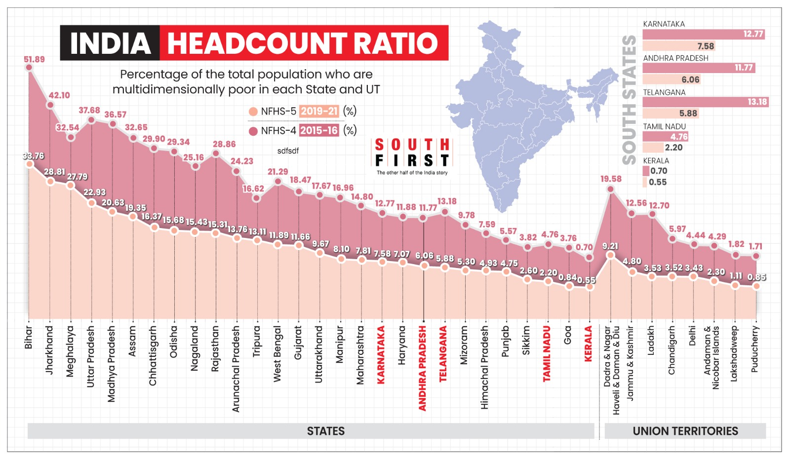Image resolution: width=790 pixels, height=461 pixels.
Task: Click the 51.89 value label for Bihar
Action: pyautogui.click(x=34, y=59)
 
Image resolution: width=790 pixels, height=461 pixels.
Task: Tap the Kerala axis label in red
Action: pyautogui.click(x=588, y=344)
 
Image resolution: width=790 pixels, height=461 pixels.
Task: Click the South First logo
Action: pyautogui.click(x=412, y=156)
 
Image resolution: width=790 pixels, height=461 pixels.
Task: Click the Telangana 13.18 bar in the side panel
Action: pyautogui.click(x=705, y=102)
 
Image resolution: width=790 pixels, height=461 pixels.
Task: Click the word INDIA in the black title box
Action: pyautogui.click(x=110, y=43)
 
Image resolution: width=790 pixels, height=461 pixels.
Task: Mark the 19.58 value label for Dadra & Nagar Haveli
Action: pyautogui.click(x=611, y=179)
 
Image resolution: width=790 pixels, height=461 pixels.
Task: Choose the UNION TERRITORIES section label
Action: pyautogui.click(x=685, y=431)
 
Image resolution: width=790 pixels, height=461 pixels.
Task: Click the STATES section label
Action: pyautogui.click(x=326, y=431)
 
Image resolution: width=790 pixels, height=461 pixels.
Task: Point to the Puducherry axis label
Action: pyautogui.click(x=754, y=349)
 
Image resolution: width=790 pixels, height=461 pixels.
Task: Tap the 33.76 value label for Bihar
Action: pyautogui.click(x=33, y=156)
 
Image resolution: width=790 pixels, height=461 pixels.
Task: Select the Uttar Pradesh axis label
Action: pyautogui.click(x=90, y=356)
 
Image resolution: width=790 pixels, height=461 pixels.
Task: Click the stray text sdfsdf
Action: pyautogui.click(x=288, y=151)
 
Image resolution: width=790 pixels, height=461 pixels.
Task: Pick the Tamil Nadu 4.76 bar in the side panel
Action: pyautogui.click(x=665, y=137)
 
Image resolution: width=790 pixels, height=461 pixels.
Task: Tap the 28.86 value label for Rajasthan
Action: pyautogui.click(x=224, y=144)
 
